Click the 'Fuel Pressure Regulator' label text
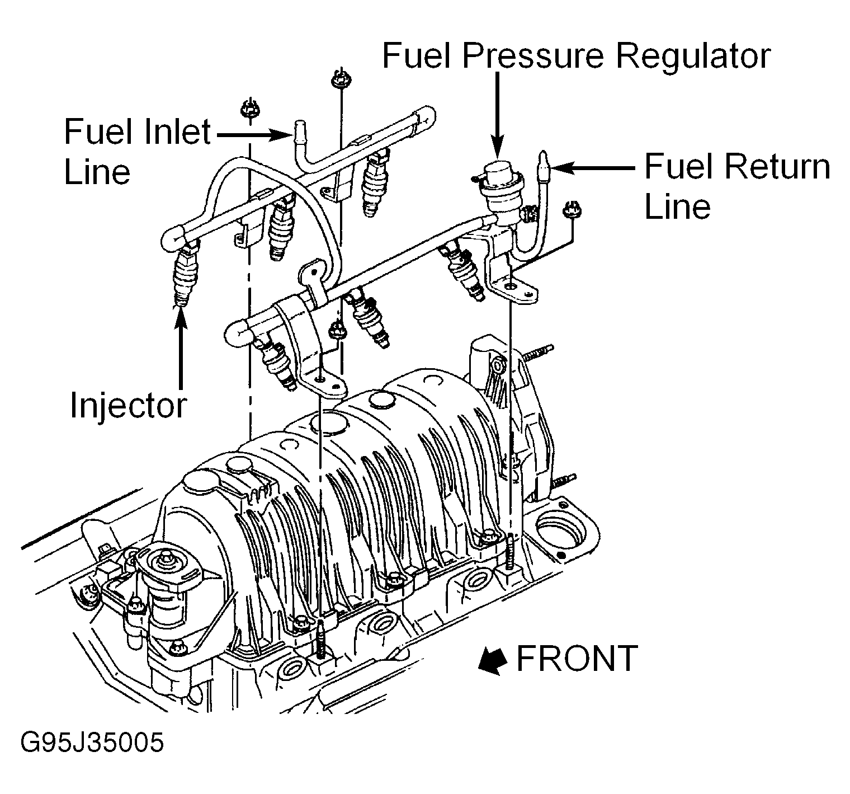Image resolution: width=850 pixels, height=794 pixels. pos(576,57)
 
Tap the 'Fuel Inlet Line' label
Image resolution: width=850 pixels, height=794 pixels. pos(137,151)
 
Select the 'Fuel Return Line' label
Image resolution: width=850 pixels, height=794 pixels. pos(737,186)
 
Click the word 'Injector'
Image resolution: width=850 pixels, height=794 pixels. pos(128,405)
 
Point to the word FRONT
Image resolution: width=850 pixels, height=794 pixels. pos(577,658)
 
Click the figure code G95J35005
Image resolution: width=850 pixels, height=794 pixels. pos(92,743)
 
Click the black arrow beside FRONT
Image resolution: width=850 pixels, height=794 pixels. pos(492,660)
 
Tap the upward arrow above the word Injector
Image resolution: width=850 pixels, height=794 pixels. pos(181,347)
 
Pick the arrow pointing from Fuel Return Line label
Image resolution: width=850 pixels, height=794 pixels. pos(593,167)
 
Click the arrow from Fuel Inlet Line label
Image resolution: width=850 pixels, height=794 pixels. pos(252,134)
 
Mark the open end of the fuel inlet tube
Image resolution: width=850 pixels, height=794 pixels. pos(299,126)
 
